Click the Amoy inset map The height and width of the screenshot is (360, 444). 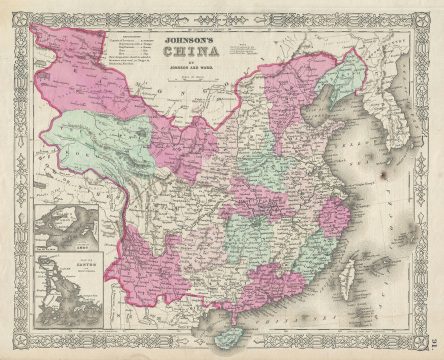[x=61, y=224]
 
